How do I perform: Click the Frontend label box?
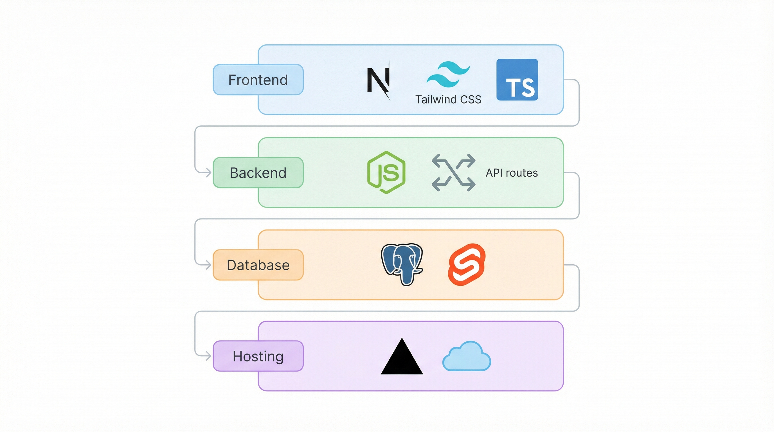click(258, 80)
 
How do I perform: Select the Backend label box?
click(258, 172)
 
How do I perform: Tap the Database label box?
click(258, 265)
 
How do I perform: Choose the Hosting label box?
click(258, 356)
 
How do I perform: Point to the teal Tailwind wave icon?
click(448, 75)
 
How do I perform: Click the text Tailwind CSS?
click(448, 100)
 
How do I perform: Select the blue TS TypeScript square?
click(517, 80)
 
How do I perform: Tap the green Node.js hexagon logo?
click(386, 172)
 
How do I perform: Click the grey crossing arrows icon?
click(453, 172)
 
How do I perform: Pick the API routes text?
click(511, 173)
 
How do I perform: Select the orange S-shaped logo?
click(466, 264)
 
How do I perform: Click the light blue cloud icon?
click(466, 357)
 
